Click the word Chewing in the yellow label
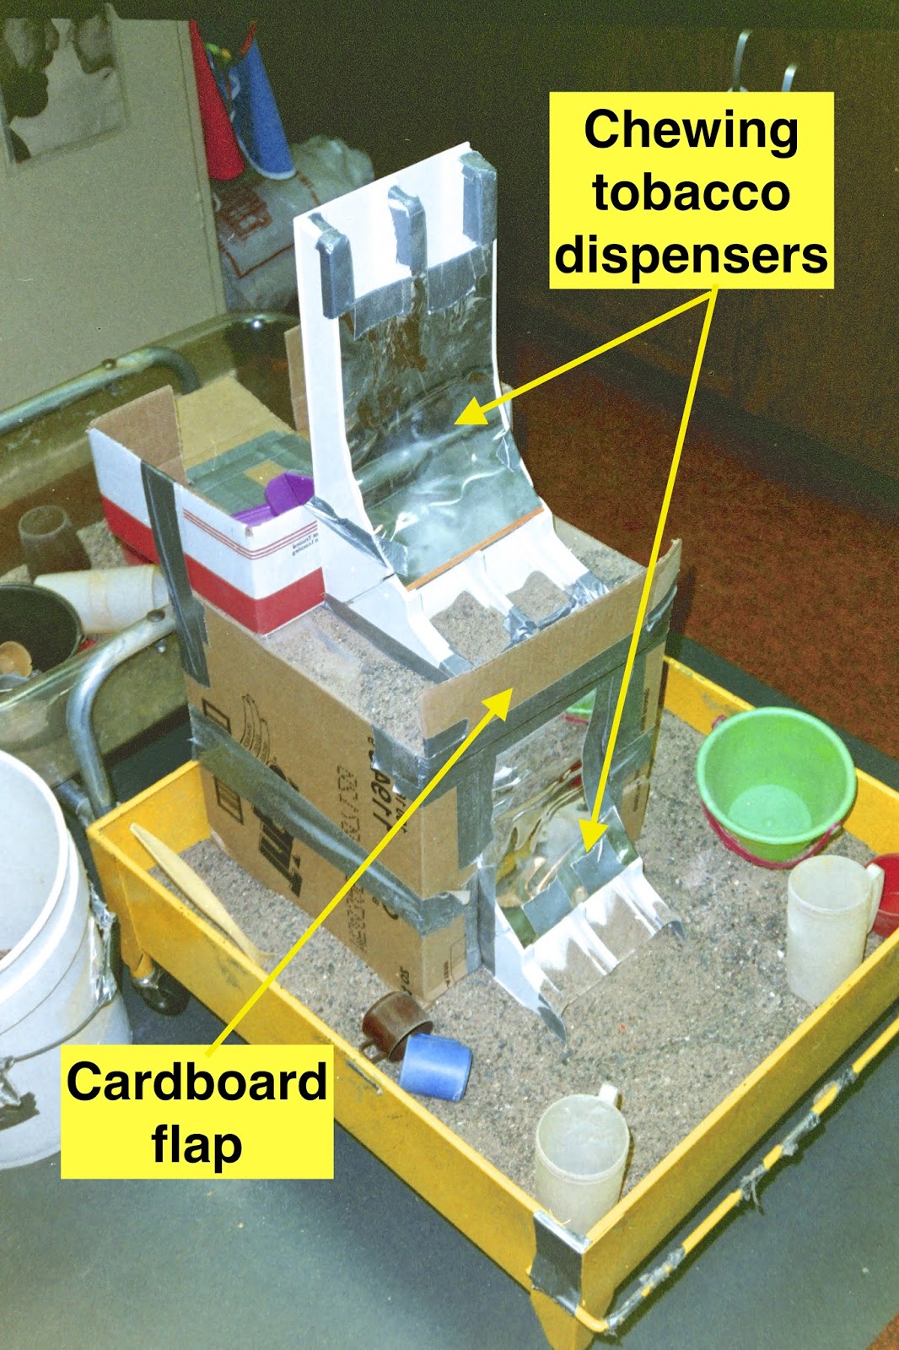691,132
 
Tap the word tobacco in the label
691,193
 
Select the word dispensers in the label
691,255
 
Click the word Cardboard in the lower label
196,1083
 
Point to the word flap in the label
196,1144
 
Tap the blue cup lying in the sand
435,1065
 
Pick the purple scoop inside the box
283,498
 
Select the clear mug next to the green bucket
831,924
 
